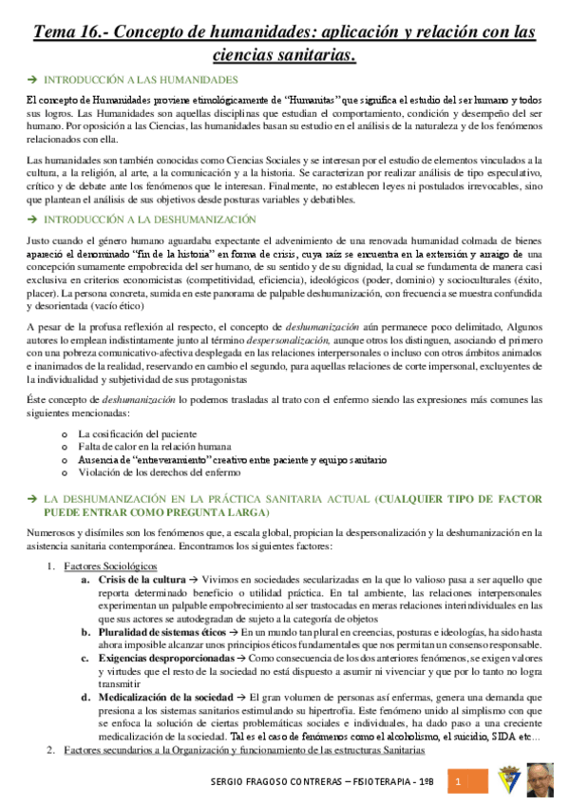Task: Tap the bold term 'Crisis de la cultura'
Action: point(142,579)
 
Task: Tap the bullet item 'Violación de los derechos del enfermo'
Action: point(160,471)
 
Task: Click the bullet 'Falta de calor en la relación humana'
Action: point(155,446)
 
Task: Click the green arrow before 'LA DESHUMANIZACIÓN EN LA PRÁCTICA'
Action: point(32,499)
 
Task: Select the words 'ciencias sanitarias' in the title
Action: point(284,56)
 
